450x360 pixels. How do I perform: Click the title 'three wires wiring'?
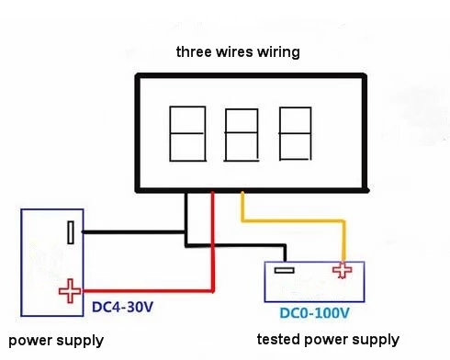(238, 52)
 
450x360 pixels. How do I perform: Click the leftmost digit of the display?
(186, 133)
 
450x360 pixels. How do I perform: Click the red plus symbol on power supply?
(70, 290)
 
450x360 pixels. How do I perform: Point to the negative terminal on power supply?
(71, 232)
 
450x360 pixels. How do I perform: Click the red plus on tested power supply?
(343, 270)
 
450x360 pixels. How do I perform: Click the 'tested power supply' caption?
(328, 340)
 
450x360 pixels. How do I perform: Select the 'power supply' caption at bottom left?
(55, 341)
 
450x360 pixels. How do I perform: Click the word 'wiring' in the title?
(277, 52)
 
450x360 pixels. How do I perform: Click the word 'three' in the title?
(194, 52)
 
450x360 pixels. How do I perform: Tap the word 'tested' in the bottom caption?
(278, 340)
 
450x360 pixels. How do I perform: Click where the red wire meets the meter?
(213, 194)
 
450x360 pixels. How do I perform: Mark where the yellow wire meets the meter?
(242, 194)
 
